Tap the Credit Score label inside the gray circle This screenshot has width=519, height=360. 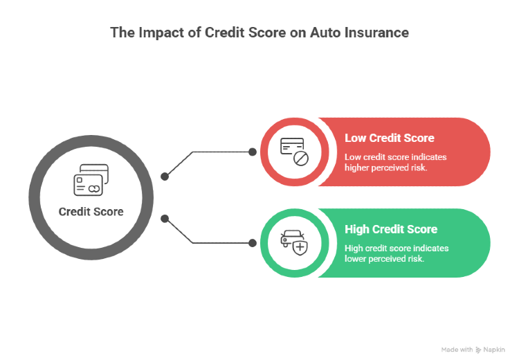click(91, 212)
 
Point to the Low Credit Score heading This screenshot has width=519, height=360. click(389, 138)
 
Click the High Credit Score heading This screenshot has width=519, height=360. click(391, 229)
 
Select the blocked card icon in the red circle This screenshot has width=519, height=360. click(293, 152)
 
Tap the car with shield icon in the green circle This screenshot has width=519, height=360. click(293, 243)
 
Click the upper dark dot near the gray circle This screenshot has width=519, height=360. click(165, 177)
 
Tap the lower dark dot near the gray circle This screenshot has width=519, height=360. click(165, 219)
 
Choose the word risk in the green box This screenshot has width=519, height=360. click(415, 258)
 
